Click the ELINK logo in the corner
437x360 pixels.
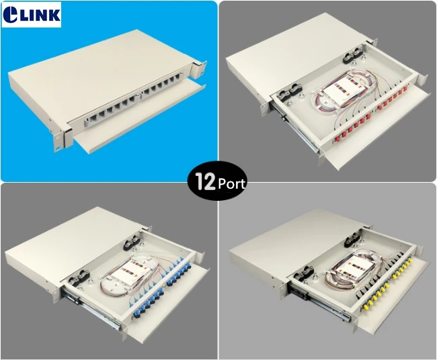pyautogui.click(x=32, y=15)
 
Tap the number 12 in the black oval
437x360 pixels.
pyautogui.click(x=205, y=181)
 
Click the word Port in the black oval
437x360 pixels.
pyautogui.click(x=231, y=184)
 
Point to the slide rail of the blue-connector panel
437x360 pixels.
pyautogui.click(x=91, y=309)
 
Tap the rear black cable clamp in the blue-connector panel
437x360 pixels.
pyautogui.click(x=132, y=242)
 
